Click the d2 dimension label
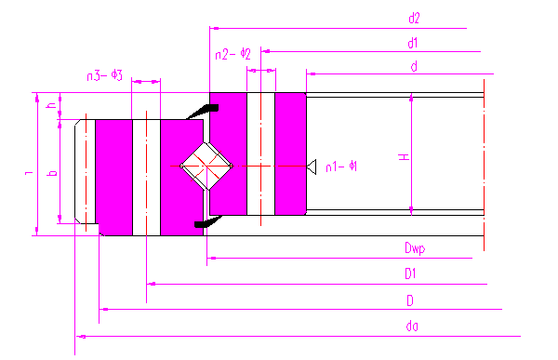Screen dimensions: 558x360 (x=414, y=18)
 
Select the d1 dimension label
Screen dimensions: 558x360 (x=412, y=43)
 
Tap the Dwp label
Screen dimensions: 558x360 (x=415, y=247)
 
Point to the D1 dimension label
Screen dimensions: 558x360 (x=410, y=273)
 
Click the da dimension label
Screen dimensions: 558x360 (x=412, y=326)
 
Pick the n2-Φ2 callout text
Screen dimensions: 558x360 (x=232, y=54)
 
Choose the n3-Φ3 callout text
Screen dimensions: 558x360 (x=104, y=75)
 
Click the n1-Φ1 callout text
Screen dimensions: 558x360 (x=341, y=167)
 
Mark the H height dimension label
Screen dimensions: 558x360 (x=404, y=156)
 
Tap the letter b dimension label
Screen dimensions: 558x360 (x=52, y=173)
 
